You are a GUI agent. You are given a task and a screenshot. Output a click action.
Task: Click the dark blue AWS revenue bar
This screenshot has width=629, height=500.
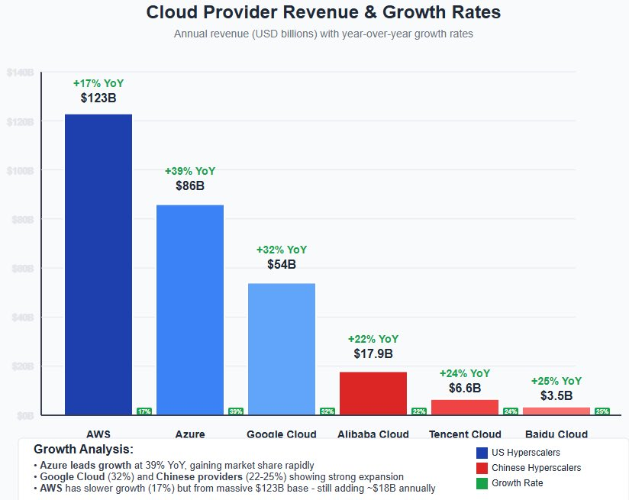pos(98,264)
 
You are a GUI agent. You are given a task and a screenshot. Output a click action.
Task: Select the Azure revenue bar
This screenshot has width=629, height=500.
pos(190,309)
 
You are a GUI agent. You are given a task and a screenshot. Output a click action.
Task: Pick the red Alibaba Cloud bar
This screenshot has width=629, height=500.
pos(373,393)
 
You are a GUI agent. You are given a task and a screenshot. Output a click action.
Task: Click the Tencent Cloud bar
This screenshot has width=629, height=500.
pos(465,407)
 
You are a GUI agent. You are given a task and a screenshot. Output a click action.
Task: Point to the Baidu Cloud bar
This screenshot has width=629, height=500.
pos(556,411)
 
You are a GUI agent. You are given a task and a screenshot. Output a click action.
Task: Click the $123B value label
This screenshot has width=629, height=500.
pos(98,98)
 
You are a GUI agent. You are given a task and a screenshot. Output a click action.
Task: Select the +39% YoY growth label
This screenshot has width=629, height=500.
pos(190,171)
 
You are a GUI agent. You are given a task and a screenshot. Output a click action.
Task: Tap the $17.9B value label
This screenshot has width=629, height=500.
pos(373,353)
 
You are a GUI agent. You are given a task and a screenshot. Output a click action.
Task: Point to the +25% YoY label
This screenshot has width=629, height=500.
pos(556,381)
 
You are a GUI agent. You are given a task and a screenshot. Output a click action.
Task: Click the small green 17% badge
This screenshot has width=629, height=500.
pos(144,411)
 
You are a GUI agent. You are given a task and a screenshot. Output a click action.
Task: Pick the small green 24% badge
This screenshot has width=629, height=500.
pos(510,411)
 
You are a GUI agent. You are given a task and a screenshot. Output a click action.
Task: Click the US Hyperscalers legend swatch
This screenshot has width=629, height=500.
pos(482,453)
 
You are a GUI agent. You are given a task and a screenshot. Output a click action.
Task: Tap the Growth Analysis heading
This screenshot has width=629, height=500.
pos(84,449)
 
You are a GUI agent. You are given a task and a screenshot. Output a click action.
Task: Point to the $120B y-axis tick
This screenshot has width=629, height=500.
pos(20,121)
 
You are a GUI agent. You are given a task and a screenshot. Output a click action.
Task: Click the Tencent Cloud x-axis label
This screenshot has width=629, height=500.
pos(465,434)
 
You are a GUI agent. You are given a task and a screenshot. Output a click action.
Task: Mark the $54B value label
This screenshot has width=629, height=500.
pos(282,264)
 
